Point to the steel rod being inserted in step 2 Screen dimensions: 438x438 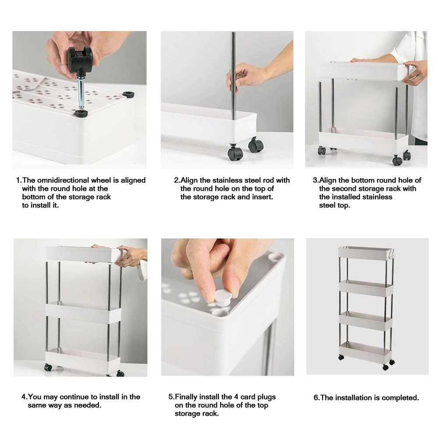233,75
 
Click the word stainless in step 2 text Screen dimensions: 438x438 228,180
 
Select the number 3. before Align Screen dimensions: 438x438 315,180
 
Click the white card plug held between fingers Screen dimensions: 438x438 223,297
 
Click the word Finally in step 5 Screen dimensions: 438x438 186,397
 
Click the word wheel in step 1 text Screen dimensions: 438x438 101,180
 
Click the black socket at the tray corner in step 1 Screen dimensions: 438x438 128,95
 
